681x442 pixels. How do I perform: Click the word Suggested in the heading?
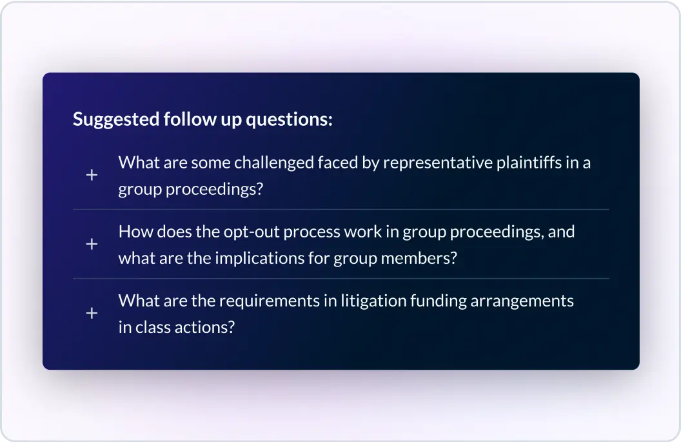click(116, 119)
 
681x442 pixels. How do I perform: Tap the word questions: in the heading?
click(290, 120)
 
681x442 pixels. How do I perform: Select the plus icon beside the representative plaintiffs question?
click(92, 175)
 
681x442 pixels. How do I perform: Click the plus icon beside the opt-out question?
click(92, 245)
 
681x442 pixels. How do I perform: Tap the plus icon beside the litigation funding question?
click(92, 314)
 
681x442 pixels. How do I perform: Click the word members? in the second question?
click(419, 258)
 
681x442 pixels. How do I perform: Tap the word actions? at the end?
click(206, 327)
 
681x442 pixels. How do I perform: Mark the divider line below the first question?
click(341, 210)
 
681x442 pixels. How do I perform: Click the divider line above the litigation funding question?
click(341, 279)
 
